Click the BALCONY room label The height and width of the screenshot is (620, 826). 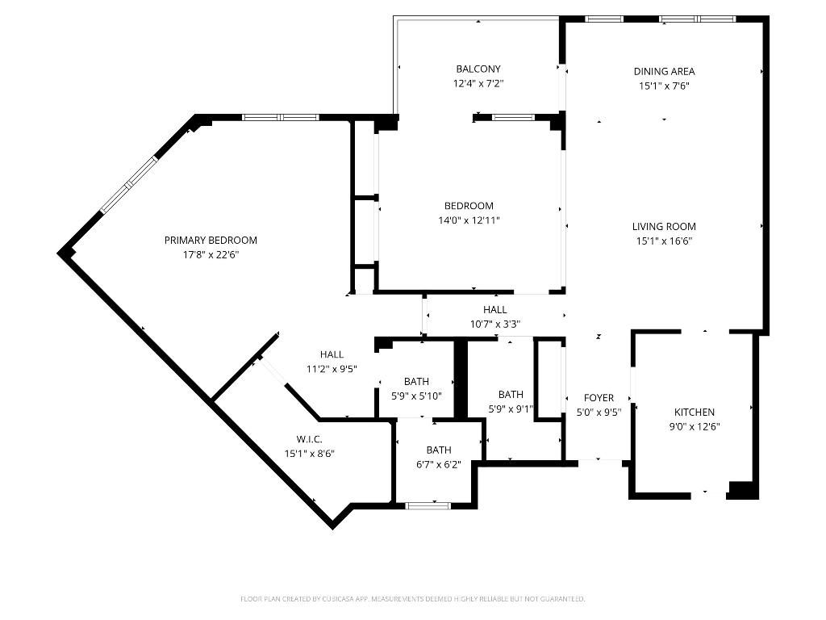pos(478,69)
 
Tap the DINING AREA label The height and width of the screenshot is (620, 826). pos(664,72)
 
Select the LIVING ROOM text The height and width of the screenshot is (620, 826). pos(664,227)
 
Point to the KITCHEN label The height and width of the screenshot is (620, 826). pos(695,413)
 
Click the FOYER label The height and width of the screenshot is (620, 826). pos(599,398)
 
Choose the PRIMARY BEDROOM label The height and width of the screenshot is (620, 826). pos(211,241)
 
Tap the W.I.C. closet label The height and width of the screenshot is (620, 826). pos(309,439)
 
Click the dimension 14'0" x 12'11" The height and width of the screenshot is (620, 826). pos(469,220)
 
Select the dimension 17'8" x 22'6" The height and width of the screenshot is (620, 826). pos(211,254)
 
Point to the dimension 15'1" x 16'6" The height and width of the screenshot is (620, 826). pos(664,241)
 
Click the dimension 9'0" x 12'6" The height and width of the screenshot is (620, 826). pos(695,426)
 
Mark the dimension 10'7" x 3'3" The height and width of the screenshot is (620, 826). pos(495,324)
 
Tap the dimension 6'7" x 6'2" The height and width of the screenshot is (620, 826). pos(439,464)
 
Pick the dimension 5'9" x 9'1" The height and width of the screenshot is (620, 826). pos(511,408)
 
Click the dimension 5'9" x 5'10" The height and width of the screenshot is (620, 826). pos(417,396)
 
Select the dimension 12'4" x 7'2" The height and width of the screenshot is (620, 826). pos(478,83)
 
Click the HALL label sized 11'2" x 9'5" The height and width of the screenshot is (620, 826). pos(332,354)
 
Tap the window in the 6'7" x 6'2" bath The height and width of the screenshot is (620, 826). pos(428,506)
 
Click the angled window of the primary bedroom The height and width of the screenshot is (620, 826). pos(128,185)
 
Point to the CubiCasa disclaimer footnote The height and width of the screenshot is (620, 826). pos(412,599)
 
